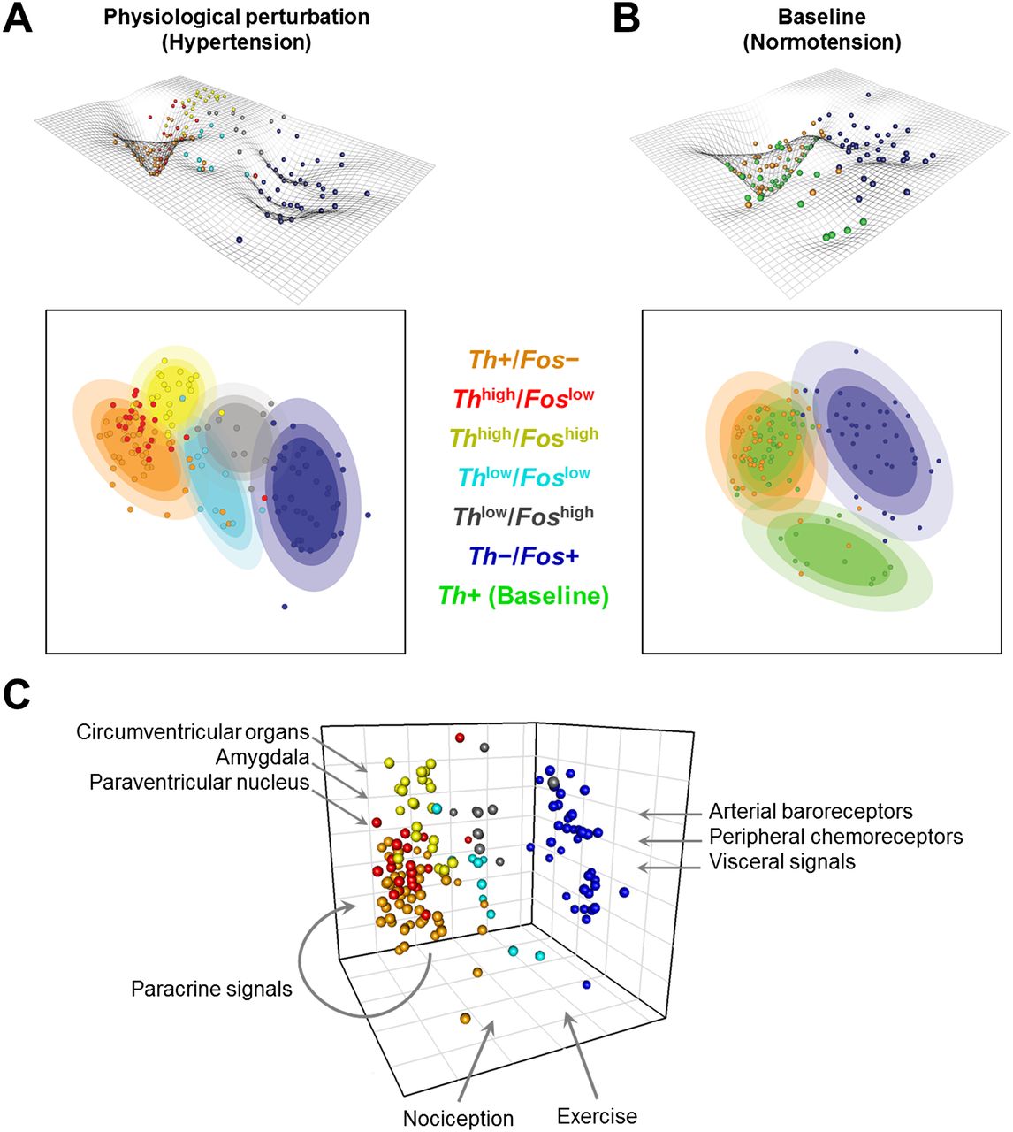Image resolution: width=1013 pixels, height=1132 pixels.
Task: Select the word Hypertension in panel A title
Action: click(236, 42)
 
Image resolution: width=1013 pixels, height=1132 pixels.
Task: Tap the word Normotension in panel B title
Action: click(822, 42)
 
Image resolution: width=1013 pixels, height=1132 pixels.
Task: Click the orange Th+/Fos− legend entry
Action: click(524, 360)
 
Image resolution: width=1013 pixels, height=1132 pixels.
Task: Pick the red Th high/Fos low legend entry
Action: click(524, 397)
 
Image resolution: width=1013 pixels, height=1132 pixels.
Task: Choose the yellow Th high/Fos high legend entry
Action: click(524, 436)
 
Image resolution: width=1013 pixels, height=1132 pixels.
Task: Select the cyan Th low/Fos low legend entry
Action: click(524, 476)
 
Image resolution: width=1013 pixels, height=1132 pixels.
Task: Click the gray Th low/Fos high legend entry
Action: click(524, 515)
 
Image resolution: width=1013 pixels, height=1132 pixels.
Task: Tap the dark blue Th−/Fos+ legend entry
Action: click(524, 556)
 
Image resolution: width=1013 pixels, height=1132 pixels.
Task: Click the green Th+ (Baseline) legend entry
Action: click(524, 595)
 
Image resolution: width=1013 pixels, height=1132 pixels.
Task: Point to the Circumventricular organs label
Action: click(193, 732)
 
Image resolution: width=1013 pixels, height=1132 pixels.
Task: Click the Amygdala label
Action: click(263, 758)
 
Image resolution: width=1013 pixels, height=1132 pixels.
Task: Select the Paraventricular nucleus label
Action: click(200, 783)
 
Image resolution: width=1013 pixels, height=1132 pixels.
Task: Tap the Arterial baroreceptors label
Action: click(811, 811)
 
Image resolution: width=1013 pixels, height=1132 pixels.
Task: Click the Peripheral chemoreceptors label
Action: click(836, 837)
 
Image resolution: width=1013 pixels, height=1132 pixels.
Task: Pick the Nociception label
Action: click(459, 1103)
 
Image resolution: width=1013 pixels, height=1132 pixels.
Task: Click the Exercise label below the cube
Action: click(597, 1100)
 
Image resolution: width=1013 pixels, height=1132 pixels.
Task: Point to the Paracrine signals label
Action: click(211, 990)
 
